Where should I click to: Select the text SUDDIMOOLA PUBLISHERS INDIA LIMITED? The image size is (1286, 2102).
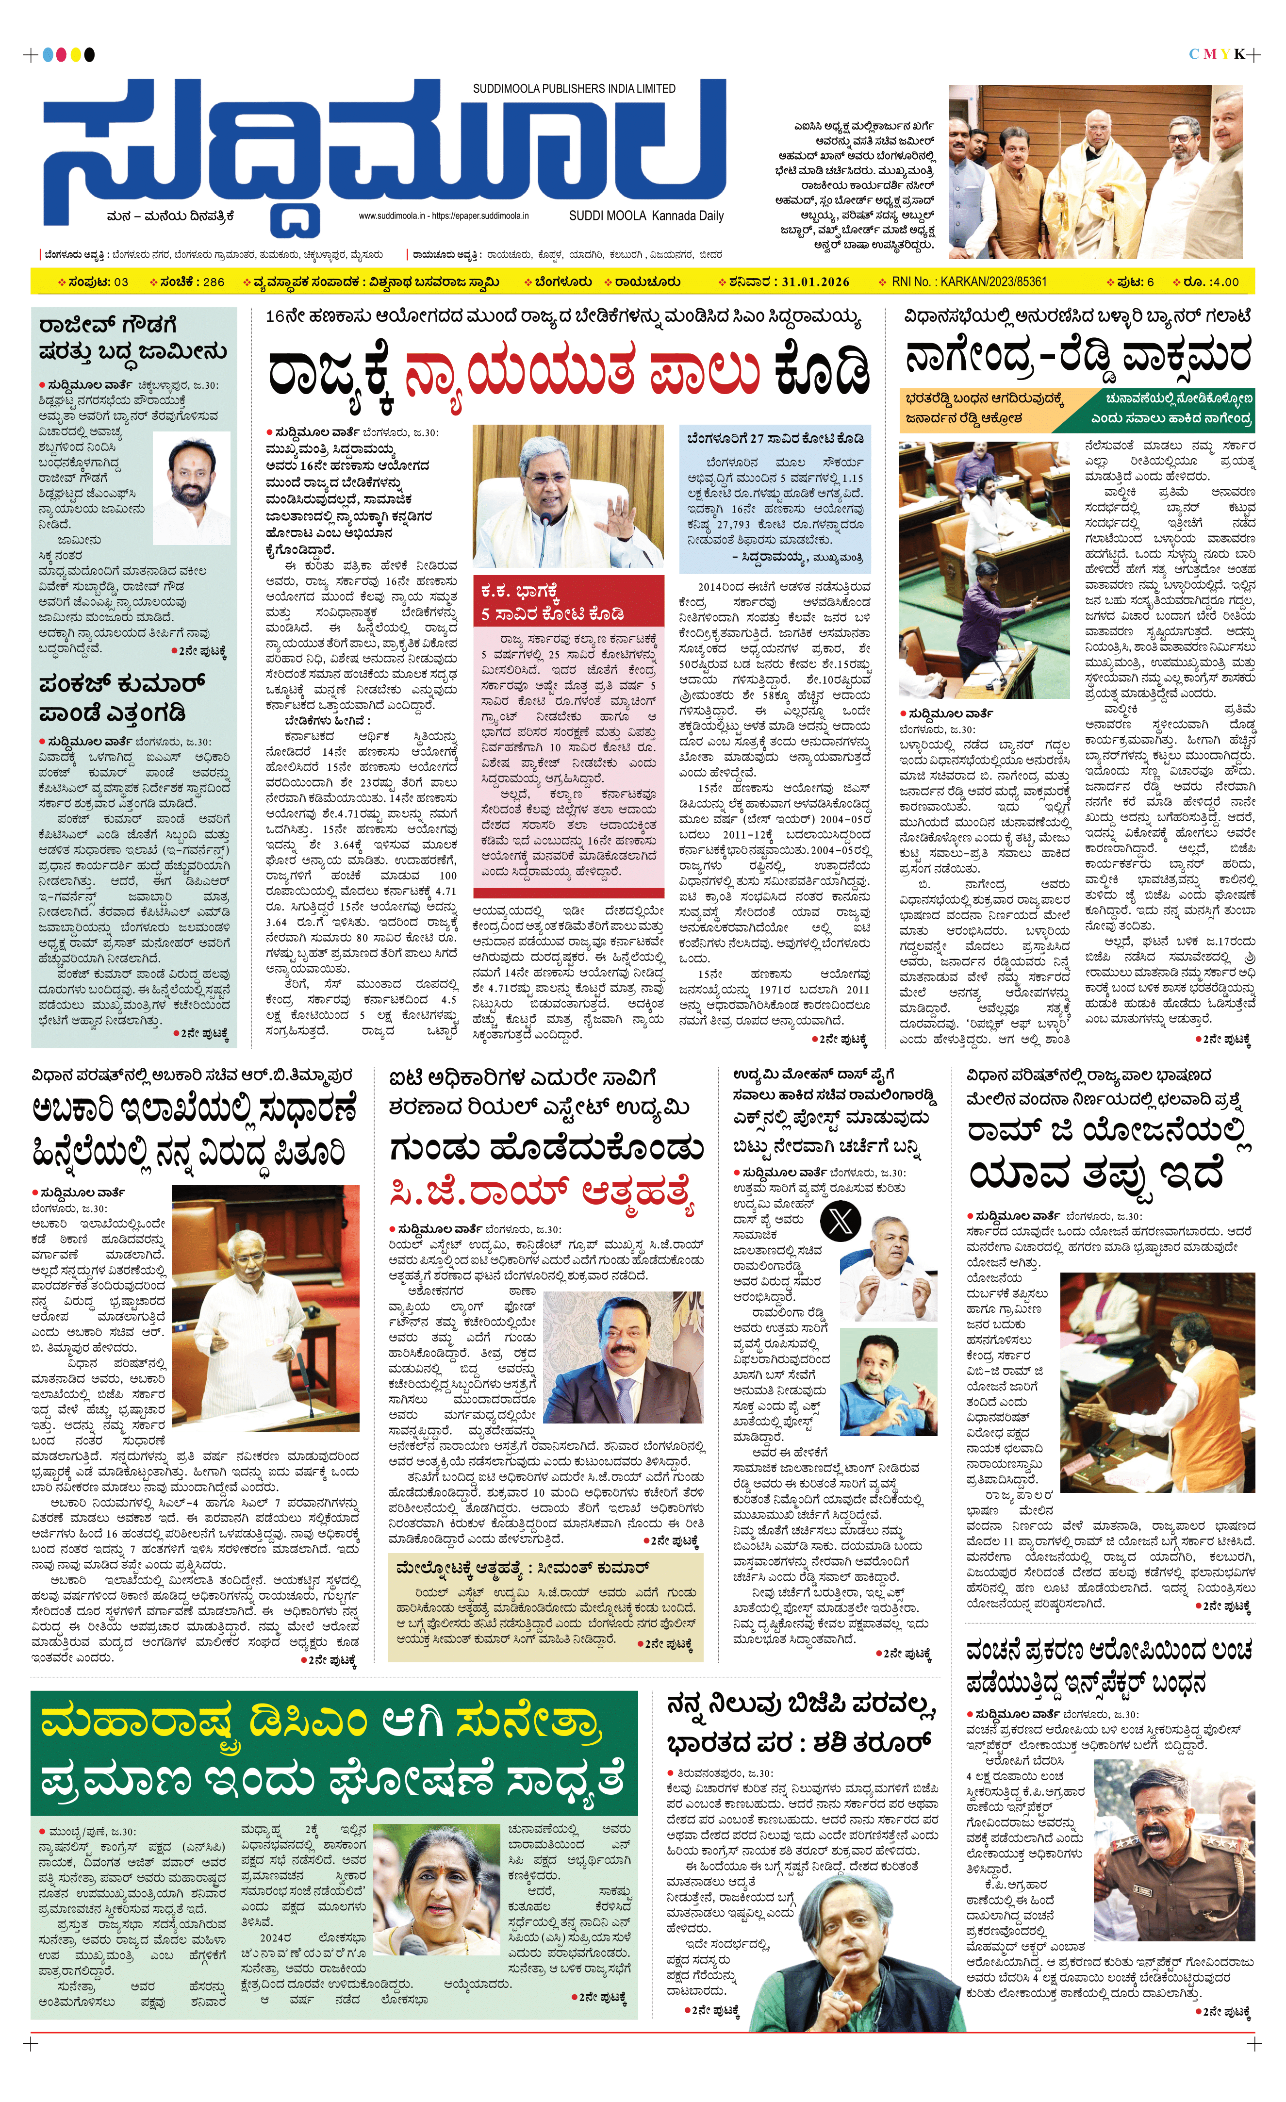574,89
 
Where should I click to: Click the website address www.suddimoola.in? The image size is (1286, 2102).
392,216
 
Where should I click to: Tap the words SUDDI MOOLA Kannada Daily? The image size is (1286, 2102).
645,216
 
